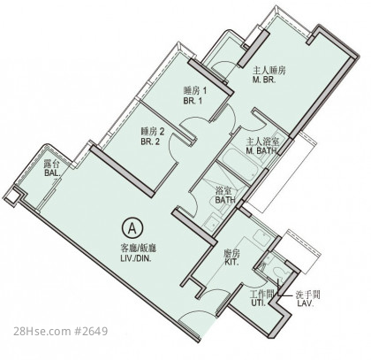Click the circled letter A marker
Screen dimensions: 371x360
tap(132, 228)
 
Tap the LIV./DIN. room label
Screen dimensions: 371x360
tap(136, 259)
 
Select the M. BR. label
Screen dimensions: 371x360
tap(264, 80)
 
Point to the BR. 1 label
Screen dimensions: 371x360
tap(193, 101)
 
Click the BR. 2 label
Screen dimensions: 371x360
tap(150, 142)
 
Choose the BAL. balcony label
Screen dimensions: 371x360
tap(53, 173)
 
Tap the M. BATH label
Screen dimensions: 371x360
tap(261, 150)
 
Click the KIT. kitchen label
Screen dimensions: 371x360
tap(232, 262)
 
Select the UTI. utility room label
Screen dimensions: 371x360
tap(258, 303)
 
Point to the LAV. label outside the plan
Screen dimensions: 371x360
tap(306, 303)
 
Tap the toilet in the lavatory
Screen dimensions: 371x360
tap(279, 272)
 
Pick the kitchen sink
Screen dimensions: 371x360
tap(263, 237)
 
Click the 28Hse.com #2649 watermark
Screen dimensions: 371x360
tap(60, 331)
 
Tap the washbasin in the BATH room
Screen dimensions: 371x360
tap(211, 223)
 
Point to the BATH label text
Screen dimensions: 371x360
tap(225, 200)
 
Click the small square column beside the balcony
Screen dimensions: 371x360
tap(11, 196)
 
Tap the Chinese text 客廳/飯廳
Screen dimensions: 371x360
tap(139, 249)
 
